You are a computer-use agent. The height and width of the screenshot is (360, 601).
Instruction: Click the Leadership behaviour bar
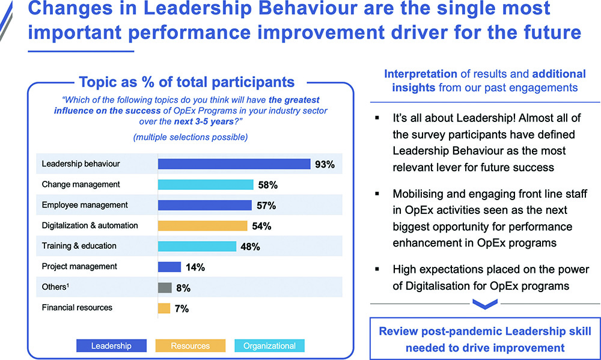(234, 164)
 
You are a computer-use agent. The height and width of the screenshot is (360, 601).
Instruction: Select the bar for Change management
(206, 185)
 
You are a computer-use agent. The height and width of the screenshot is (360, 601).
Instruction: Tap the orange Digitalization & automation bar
(203, 225)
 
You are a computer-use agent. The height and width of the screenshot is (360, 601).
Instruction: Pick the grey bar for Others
(164, 287)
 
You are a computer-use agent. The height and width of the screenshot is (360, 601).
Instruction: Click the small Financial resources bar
(163, 308)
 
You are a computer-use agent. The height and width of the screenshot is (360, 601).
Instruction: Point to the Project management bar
(169, 267)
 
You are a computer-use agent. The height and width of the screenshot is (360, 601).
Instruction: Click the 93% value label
(325, 164)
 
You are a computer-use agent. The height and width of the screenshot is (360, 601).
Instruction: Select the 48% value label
(250, 246)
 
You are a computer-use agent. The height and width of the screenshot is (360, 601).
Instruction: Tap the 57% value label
(266, 206)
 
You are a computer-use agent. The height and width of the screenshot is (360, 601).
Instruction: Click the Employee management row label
(85, 205)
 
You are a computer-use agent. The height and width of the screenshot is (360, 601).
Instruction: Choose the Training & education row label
(79, 246)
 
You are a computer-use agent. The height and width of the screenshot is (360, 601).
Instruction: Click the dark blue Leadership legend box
(111, 346)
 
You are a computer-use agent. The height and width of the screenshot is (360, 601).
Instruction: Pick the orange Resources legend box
(190, 346)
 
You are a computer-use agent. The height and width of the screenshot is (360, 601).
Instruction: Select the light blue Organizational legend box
(269, 346)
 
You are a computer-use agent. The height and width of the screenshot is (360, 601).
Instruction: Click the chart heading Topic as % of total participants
(187, 82)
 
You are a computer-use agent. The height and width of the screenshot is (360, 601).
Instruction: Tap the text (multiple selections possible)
(190, 137)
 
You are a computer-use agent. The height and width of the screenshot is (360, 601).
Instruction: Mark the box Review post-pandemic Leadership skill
(484, 340)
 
